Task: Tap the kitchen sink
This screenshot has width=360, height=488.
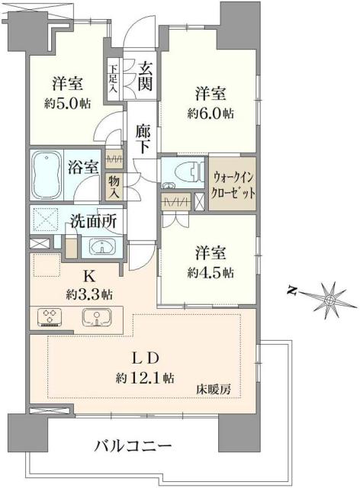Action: pyautogui.click(x=97, y=318)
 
